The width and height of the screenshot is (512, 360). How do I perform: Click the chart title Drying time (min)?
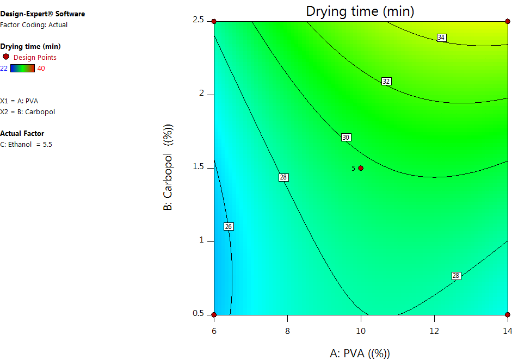pos(360,10)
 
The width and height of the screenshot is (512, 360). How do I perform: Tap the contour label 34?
pos(441,38)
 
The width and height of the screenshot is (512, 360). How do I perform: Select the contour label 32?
pos(386,81)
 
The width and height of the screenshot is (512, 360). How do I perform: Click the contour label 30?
pos(346,137)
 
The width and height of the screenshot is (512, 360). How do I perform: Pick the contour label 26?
pos(229,226)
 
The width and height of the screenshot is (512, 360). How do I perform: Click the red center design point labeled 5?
pos(361,168)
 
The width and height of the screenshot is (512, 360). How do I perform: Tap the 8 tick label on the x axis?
pos(287,331)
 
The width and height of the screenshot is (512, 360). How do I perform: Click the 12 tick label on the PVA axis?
pos(434,331)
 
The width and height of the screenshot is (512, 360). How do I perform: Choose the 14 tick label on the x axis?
pos(507,331)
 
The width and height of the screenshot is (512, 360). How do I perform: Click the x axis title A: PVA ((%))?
pos(360,353)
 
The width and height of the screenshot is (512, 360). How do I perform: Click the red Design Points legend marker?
pos(6,57)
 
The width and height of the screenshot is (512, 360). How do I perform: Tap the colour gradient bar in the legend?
pos(22,68)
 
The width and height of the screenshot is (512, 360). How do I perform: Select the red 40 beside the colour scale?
pos(41,68)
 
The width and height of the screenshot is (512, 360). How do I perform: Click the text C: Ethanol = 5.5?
pos(27,144)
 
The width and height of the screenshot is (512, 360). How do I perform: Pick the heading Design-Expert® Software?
pos(42,14)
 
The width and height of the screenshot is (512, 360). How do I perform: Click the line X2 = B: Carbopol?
pos(28,111)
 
